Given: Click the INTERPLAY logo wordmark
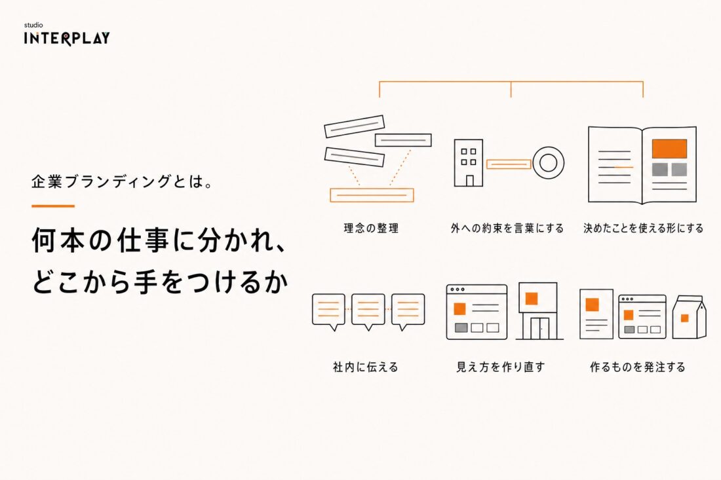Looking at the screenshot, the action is click(x=67, y=38).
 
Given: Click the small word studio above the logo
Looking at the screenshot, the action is click(x=33, y=26).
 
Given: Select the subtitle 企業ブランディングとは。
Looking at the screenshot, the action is click(x=123, y=182).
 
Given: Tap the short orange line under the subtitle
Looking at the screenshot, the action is click(x=53, y=206).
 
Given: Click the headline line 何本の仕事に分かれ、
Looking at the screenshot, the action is click(x=159, y=240).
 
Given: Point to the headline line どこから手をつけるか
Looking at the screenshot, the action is click(x=160, y=281).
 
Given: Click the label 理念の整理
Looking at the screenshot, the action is click(x=371, y=229).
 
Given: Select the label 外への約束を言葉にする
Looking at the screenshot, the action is click(x=507, y=229).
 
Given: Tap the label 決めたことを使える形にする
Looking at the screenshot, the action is click(x=643, y=229).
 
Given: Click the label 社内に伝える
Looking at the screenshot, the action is click(x=366, y=367).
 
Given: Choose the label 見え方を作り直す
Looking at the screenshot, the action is click(x=500, y=367).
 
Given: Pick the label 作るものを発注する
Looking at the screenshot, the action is click(x=638, y=367).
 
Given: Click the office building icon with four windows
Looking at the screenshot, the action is click(x=469, y=163).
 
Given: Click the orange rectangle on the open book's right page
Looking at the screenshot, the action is click(x=669, y=149).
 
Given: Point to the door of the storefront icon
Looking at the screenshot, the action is click(x=540, y=328).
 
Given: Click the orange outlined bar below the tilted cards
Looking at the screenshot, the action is click(x=372, y=195).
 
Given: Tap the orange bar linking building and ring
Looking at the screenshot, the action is click(x=509, y=164).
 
